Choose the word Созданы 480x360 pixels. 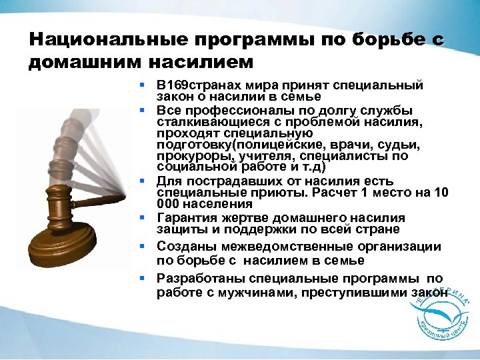pos(181,247)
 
